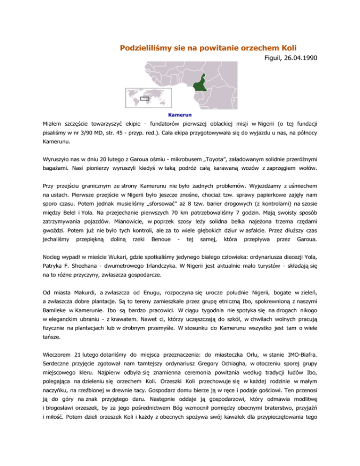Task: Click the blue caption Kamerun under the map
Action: pyautogui.click(x=180, y=114)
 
